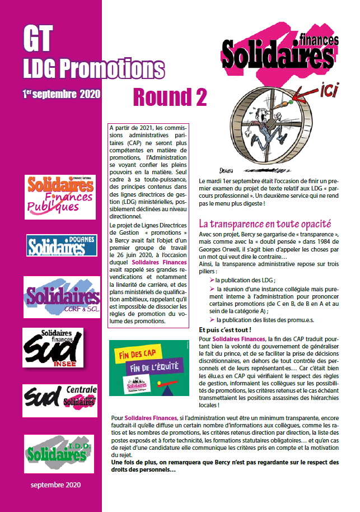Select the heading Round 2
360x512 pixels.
pyautogui.click(x=170, y=96)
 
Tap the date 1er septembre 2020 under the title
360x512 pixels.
pyautogui.click(x=62, y=94)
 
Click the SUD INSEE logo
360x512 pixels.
pyautogui.click(x=52, y=347)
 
